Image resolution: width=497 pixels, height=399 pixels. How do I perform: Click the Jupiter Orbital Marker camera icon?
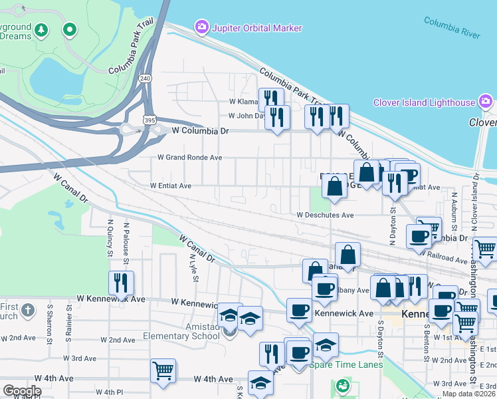[201, 27]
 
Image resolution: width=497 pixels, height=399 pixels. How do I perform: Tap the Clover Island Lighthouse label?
[424, 102]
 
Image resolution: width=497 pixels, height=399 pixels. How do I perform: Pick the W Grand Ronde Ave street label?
[189, 158]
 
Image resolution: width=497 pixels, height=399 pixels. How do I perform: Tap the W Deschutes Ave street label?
[325, 215]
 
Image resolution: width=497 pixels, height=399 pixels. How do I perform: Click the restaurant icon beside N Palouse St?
[121, 283]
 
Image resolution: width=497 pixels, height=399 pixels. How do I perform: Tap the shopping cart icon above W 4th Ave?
[163, 370]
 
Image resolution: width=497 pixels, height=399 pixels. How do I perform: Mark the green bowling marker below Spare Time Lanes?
[343, 385]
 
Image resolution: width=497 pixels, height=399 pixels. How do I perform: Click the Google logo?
[22, 391]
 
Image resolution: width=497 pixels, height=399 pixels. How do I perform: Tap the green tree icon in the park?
[42, 30]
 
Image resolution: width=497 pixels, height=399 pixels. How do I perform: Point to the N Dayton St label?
[392, 222]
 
